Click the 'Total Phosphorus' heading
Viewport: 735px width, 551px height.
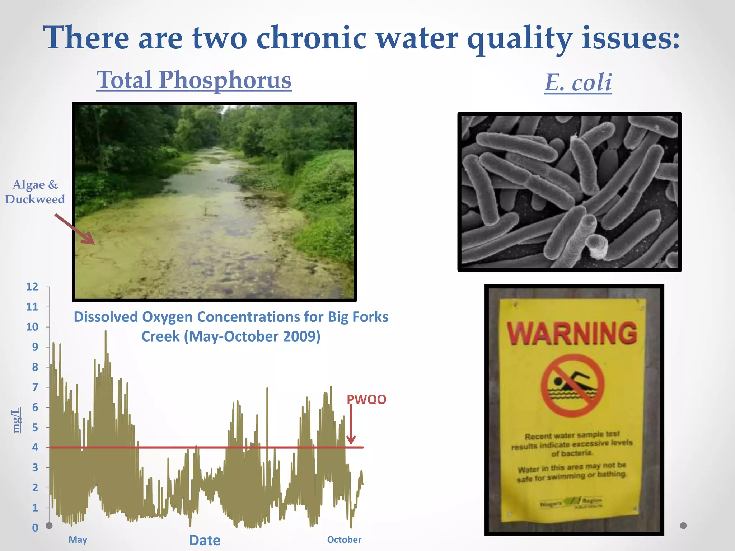click(x=194, y=80)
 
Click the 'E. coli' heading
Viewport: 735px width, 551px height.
click(x=578, y=83)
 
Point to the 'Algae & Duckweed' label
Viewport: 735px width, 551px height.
click(x=35, y=192)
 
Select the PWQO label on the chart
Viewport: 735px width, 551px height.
click(x=366, y=399)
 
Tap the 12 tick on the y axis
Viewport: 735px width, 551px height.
click(x=32, y=287)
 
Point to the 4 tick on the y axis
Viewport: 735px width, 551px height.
click(x=35, y=447)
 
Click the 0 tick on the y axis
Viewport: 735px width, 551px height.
click(x=35, y=528)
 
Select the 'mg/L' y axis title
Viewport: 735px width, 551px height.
click(x=17, y=420)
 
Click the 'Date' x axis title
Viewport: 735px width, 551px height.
click(x=205, y=540)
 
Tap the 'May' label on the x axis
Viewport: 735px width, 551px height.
click(x=78, y=540)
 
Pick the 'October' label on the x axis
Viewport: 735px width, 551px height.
click(x=344, y=540)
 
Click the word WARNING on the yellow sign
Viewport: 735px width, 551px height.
click(x=572, y=334)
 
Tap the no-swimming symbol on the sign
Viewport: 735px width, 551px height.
click(x=572, y=386)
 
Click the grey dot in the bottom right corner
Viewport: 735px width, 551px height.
click(x=683, y=526)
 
